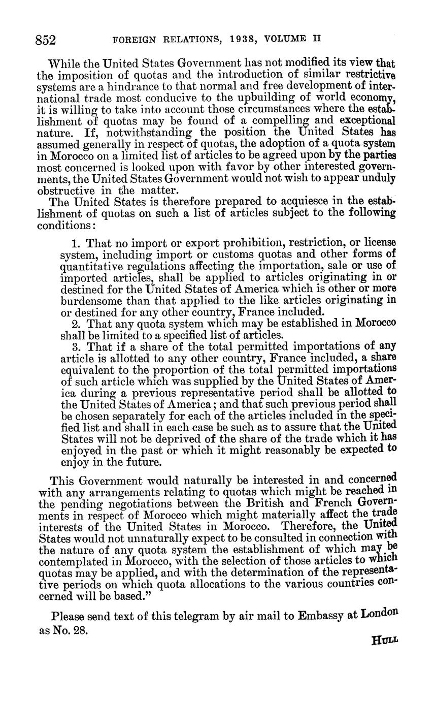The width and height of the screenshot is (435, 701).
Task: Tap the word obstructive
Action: pos(66,191)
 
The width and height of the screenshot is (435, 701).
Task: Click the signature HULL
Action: pos(385,641)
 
